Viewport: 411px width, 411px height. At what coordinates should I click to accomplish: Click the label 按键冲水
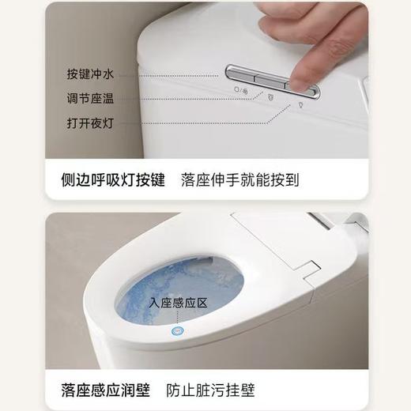tap(90, 75)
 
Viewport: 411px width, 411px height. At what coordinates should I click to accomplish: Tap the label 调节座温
tap(90, 100)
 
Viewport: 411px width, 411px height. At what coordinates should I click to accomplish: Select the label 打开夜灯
tap(90, 124)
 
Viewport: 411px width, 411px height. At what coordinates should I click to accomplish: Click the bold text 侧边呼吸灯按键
tap(113, 179)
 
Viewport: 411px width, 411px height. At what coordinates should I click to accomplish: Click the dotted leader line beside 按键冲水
tap(174, 75)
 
